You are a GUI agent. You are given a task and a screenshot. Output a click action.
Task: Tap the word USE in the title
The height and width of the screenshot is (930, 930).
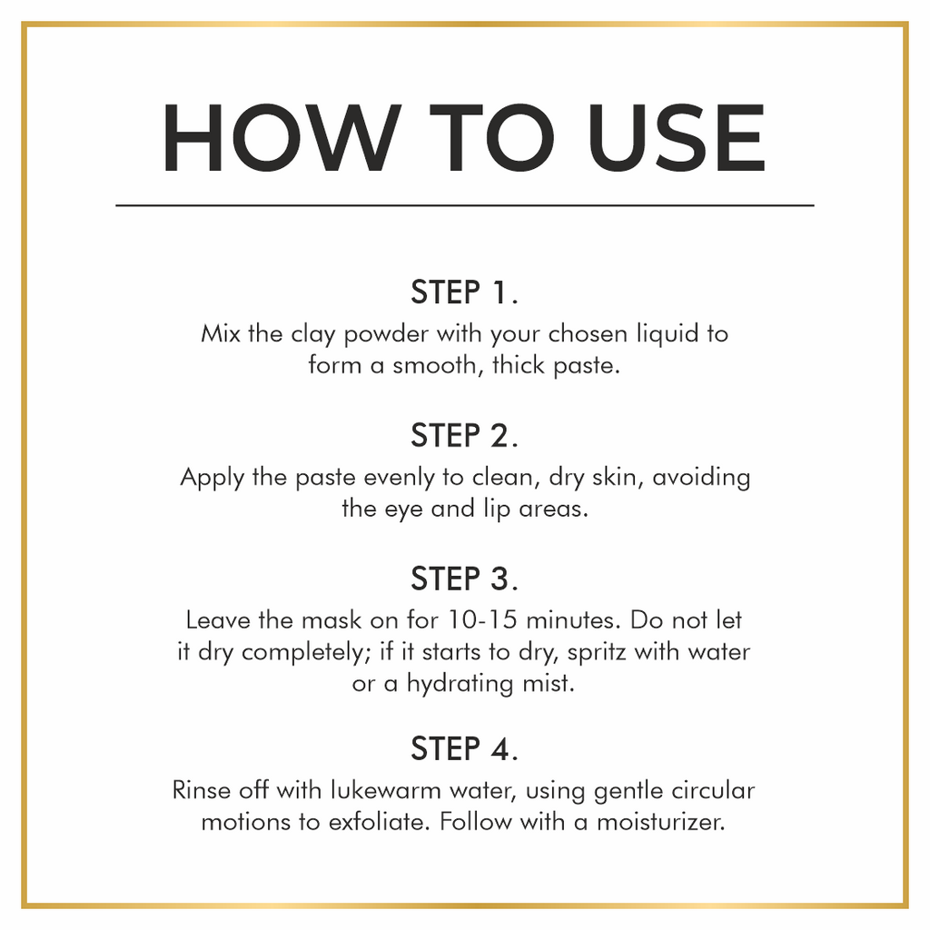click(x=676, y=138)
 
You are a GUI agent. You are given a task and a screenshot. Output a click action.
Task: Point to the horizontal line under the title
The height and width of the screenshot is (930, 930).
click(x=465, y=205)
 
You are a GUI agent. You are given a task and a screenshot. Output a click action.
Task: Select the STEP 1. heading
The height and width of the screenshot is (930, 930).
click(x=464, y=292)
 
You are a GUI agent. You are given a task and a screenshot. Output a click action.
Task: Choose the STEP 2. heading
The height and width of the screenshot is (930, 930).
click(x=464, y=435)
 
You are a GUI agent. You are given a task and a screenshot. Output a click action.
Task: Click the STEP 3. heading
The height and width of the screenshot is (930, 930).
click(x=464, y=579)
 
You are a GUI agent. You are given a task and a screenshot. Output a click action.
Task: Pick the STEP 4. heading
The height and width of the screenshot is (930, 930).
click(x=464, y=748)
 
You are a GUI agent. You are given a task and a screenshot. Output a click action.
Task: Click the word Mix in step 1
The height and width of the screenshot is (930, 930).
click(x=221, y=333)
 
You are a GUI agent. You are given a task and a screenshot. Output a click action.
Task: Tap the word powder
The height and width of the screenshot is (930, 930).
click(x=386, y=335)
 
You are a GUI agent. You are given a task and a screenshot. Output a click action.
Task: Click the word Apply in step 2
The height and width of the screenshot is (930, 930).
click(x=213, y=479)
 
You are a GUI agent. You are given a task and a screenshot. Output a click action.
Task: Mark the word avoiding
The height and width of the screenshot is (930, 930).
click(x=701, y=479)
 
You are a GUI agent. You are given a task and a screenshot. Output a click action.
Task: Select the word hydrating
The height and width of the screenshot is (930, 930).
click(x=460, y=685)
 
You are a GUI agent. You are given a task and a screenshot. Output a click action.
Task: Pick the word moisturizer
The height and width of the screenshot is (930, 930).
click(x=661, y=823)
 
